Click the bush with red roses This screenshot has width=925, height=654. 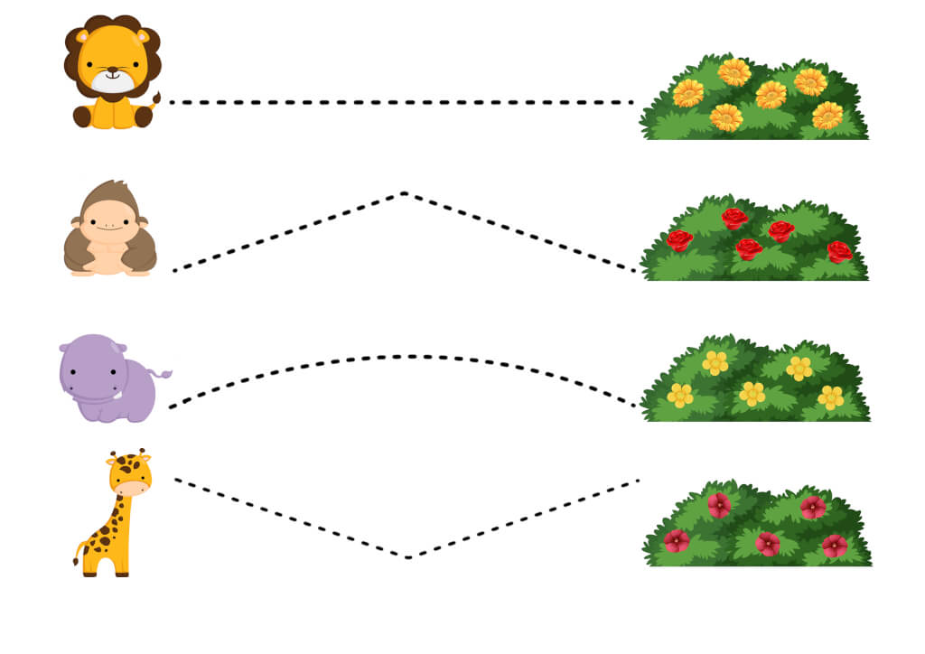coord(754,239)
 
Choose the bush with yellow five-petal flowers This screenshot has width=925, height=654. coord(755,381)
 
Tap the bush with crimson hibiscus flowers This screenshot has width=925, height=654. coord(757,526)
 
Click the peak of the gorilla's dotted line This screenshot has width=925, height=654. coord(404,193)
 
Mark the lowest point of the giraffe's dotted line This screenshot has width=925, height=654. coord(408,556)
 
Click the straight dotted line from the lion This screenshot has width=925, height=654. coord(402,102)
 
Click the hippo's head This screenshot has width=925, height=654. coord(90,366)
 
